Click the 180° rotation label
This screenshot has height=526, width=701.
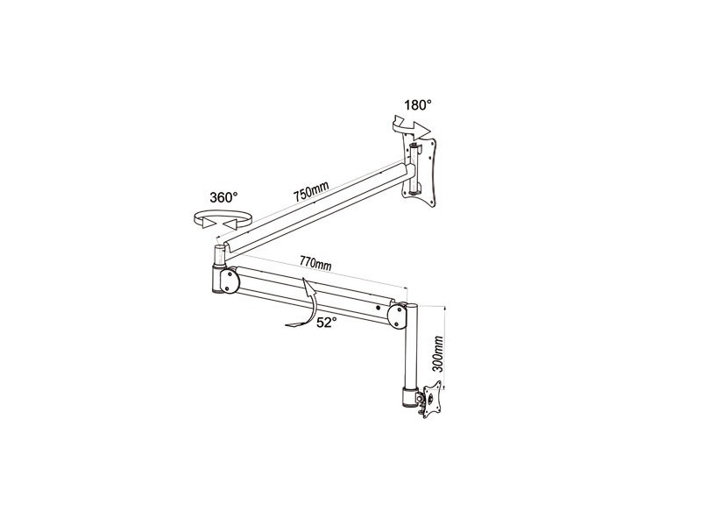(418, 105)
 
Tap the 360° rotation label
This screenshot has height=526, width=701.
(223, 197)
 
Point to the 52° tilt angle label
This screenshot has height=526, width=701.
(326, 323)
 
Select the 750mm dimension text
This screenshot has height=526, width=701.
(311, 191)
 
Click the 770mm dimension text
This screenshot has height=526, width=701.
(315, 263)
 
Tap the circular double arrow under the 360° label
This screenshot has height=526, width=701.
(223, 220)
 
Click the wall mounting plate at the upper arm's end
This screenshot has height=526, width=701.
(419, 172)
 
